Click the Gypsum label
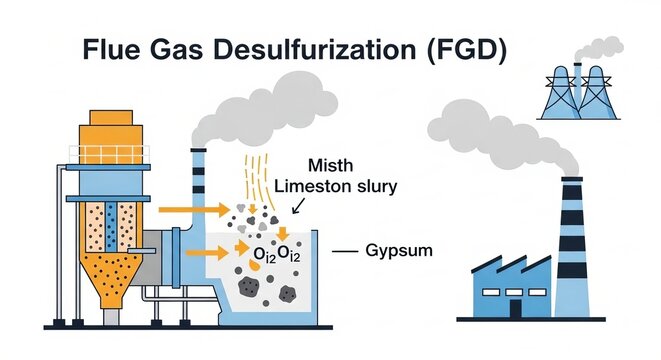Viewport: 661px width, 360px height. coord(401,250)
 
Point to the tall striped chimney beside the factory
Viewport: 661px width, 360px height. coord(570,250)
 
